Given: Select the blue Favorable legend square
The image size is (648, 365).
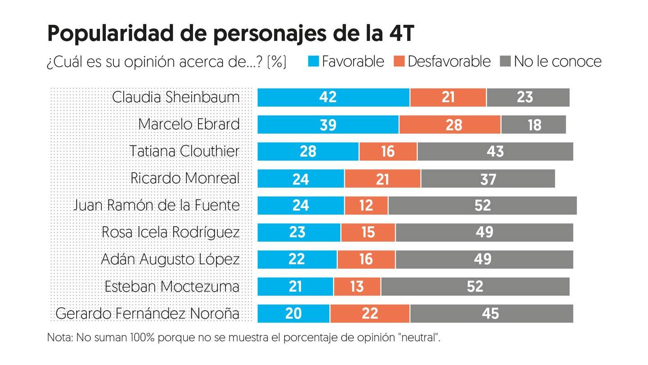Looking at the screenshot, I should click(x=314, y=61).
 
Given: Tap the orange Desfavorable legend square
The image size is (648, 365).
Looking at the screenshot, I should click(x=399, y=61).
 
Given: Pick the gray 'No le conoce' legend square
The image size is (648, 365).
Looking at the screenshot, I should click(x=505, y=61).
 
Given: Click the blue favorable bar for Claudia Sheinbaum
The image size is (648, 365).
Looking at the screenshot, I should click(x=333, y=97).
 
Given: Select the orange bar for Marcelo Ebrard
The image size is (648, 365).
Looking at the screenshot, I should click(x=450, y=124).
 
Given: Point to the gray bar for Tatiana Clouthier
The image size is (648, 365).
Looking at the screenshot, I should click(x=495, y=151).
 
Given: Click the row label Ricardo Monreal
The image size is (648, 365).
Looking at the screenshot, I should click(x=184, y=178).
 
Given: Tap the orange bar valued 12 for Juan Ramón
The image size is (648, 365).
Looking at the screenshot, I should click(x=366, y=205).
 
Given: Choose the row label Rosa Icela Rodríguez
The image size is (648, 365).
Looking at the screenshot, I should click(x=170, y=232).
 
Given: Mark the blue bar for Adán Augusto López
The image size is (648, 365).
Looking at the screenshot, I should click(x=297, y=259).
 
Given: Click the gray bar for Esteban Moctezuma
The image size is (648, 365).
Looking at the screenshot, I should click(x=475, y=286).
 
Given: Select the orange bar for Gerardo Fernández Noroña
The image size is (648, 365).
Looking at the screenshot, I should click(x=369, y=313).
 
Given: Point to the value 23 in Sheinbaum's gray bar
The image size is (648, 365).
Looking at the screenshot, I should click(x=525, y=97).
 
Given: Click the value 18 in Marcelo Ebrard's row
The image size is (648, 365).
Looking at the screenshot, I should click(x=534, y=124).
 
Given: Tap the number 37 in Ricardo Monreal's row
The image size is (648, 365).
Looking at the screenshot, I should click(x=488, y=178).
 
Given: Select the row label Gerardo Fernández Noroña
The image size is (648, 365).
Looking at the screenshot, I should click(x=147, y=313).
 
